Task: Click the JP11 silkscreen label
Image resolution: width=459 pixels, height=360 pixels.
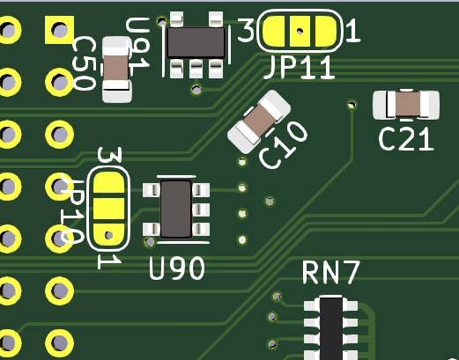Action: pos(299,68)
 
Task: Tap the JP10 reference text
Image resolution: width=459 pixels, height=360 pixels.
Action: pos(72,209)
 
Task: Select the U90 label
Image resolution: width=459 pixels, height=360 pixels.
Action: pos(176,268)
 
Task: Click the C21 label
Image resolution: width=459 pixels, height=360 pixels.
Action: pos(406,139)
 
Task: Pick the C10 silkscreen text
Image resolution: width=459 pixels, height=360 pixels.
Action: pos(284,145)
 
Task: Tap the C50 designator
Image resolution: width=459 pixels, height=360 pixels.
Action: pos(84,63)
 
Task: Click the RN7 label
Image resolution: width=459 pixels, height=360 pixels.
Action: pos(331,273)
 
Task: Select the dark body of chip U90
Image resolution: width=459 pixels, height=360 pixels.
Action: pos(176,209)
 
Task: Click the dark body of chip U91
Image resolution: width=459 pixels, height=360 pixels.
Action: pos(196,43)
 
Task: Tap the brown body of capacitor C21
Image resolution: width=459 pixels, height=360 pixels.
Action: pos(408,104)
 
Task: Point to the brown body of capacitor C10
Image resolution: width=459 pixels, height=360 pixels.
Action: pos(258,121)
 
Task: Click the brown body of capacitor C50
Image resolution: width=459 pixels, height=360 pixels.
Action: pos(116,68)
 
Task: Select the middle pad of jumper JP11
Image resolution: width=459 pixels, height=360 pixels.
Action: pos(300,31)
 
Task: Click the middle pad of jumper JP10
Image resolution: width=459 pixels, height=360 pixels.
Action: pos(108,209)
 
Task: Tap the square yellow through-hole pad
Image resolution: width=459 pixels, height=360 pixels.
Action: pos(59,30)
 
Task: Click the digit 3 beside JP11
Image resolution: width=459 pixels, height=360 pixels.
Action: pos(246,30)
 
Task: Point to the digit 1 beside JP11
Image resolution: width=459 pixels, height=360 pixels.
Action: pos(352,30)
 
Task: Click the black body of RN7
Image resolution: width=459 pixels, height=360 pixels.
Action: pos(331,328)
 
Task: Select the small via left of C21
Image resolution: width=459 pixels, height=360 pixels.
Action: pos(352,104)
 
